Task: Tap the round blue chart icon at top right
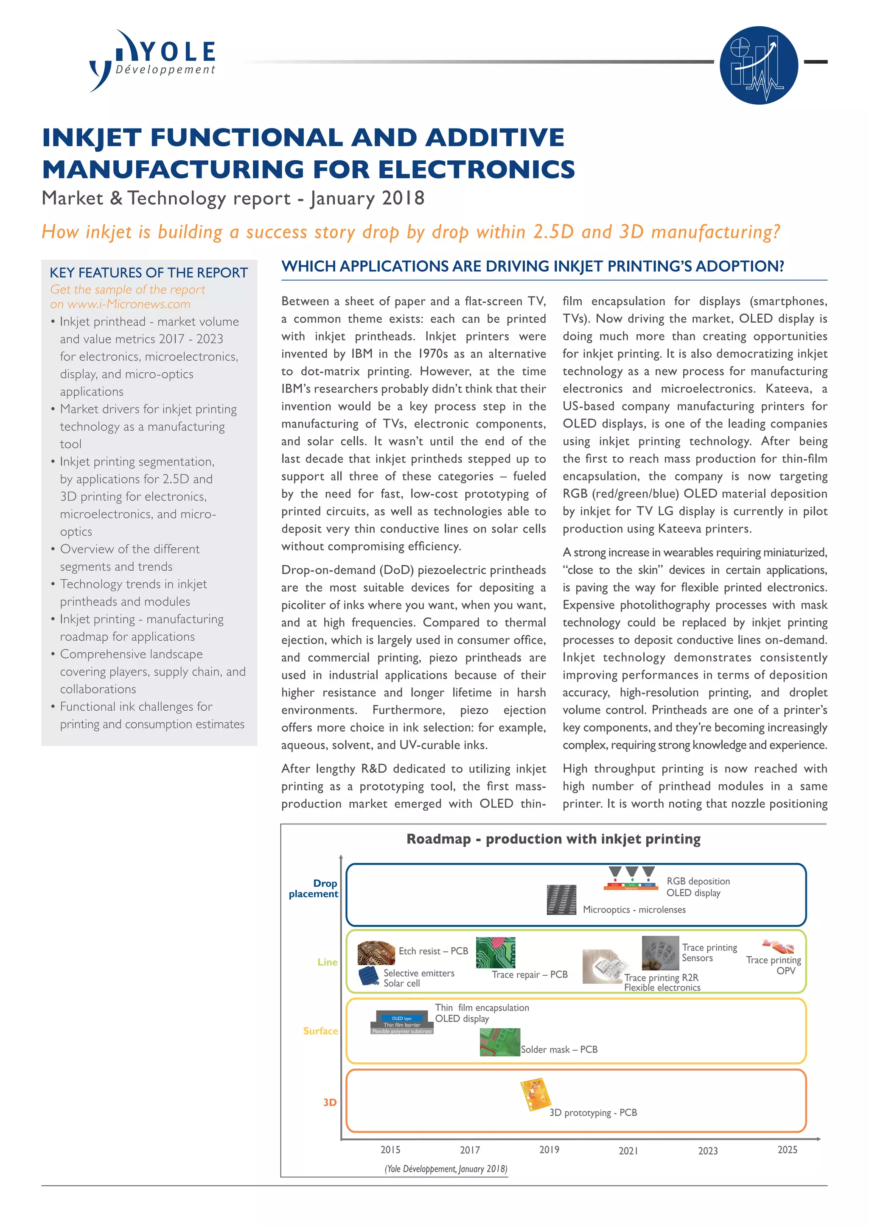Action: click(758, 65)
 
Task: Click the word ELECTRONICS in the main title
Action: click(476, 170)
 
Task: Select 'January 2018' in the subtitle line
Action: click(367, 198)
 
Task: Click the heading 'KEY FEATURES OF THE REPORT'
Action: click(149, 273)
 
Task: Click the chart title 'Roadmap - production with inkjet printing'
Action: click(553, 839)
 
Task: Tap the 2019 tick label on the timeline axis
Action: click(549, 1150)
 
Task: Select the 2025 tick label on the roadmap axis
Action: click(787, 1150)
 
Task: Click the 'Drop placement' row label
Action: click(315, 888)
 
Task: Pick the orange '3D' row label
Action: click(330, 1102)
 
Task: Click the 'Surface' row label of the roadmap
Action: click(320, 1031)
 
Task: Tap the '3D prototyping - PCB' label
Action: click(593, 1113)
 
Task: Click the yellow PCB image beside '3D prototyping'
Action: click(535, 1094)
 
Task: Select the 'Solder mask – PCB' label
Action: click(559, 1049)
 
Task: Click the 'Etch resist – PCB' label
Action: click(433, 951)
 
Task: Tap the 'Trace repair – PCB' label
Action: click(530, 974)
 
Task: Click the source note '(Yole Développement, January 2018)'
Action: click(446, 1169)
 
